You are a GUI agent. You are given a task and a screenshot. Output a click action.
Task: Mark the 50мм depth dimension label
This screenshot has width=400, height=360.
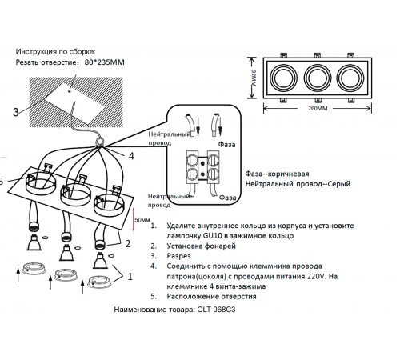click(x=142, y=219)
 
